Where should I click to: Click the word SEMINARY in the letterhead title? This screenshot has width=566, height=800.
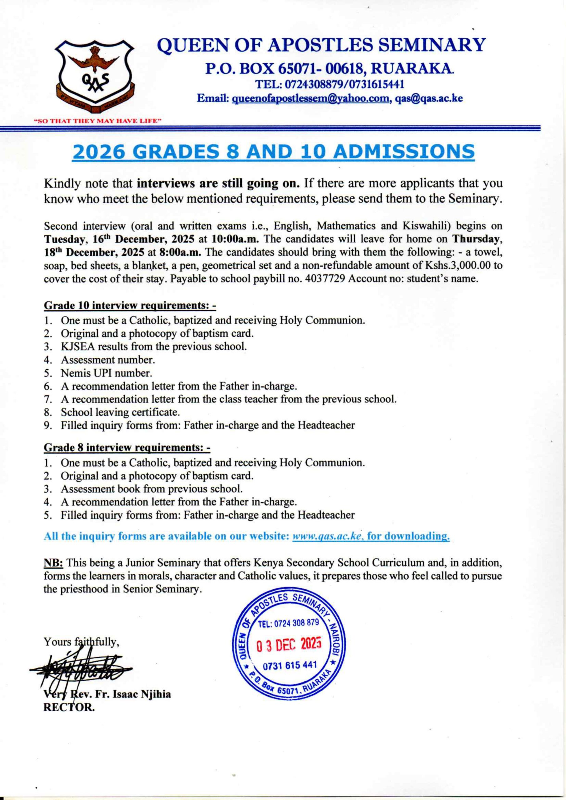432,45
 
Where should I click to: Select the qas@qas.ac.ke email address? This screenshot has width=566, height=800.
429,99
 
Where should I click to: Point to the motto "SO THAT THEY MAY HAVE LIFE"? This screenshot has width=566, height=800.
98,121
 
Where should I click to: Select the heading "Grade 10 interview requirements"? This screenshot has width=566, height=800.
130,306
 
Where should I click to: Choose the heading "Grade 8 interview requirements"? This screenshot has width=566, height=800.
127,448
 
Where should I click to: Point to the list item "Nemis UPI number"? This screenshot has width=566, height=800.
106,373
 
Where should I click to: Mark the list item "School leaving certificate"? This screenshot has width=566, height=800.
120,412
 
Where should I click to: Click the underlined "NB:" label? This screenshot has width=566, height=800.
53,563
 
